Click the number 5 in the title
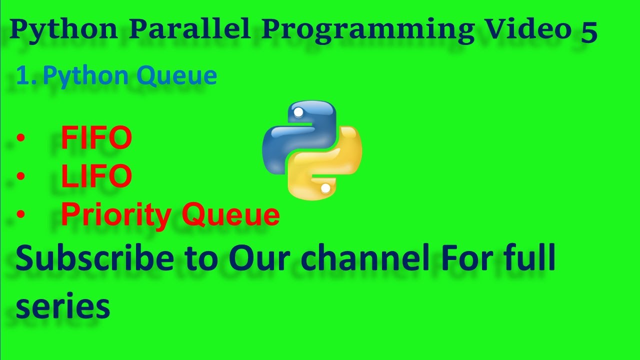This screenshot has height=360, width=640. click(589, 31)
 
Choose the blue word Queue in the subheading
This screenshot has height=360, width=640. click(176, 76)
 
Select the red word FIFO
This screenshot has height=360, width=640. click(96, 138)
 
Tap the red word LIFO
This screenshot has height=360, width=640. click(96, 176)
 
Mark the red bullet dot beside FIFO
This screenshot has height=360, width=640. click(20, 139)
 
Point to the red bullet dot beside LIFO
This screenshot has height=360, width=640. click(20, 176)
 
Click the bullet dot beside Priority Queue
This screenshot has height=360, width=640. click(20, 214)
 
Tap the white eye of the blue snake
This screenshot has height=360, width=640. click(298, 112)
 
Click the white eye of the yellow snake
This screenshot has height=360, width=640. click(325, 188)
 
